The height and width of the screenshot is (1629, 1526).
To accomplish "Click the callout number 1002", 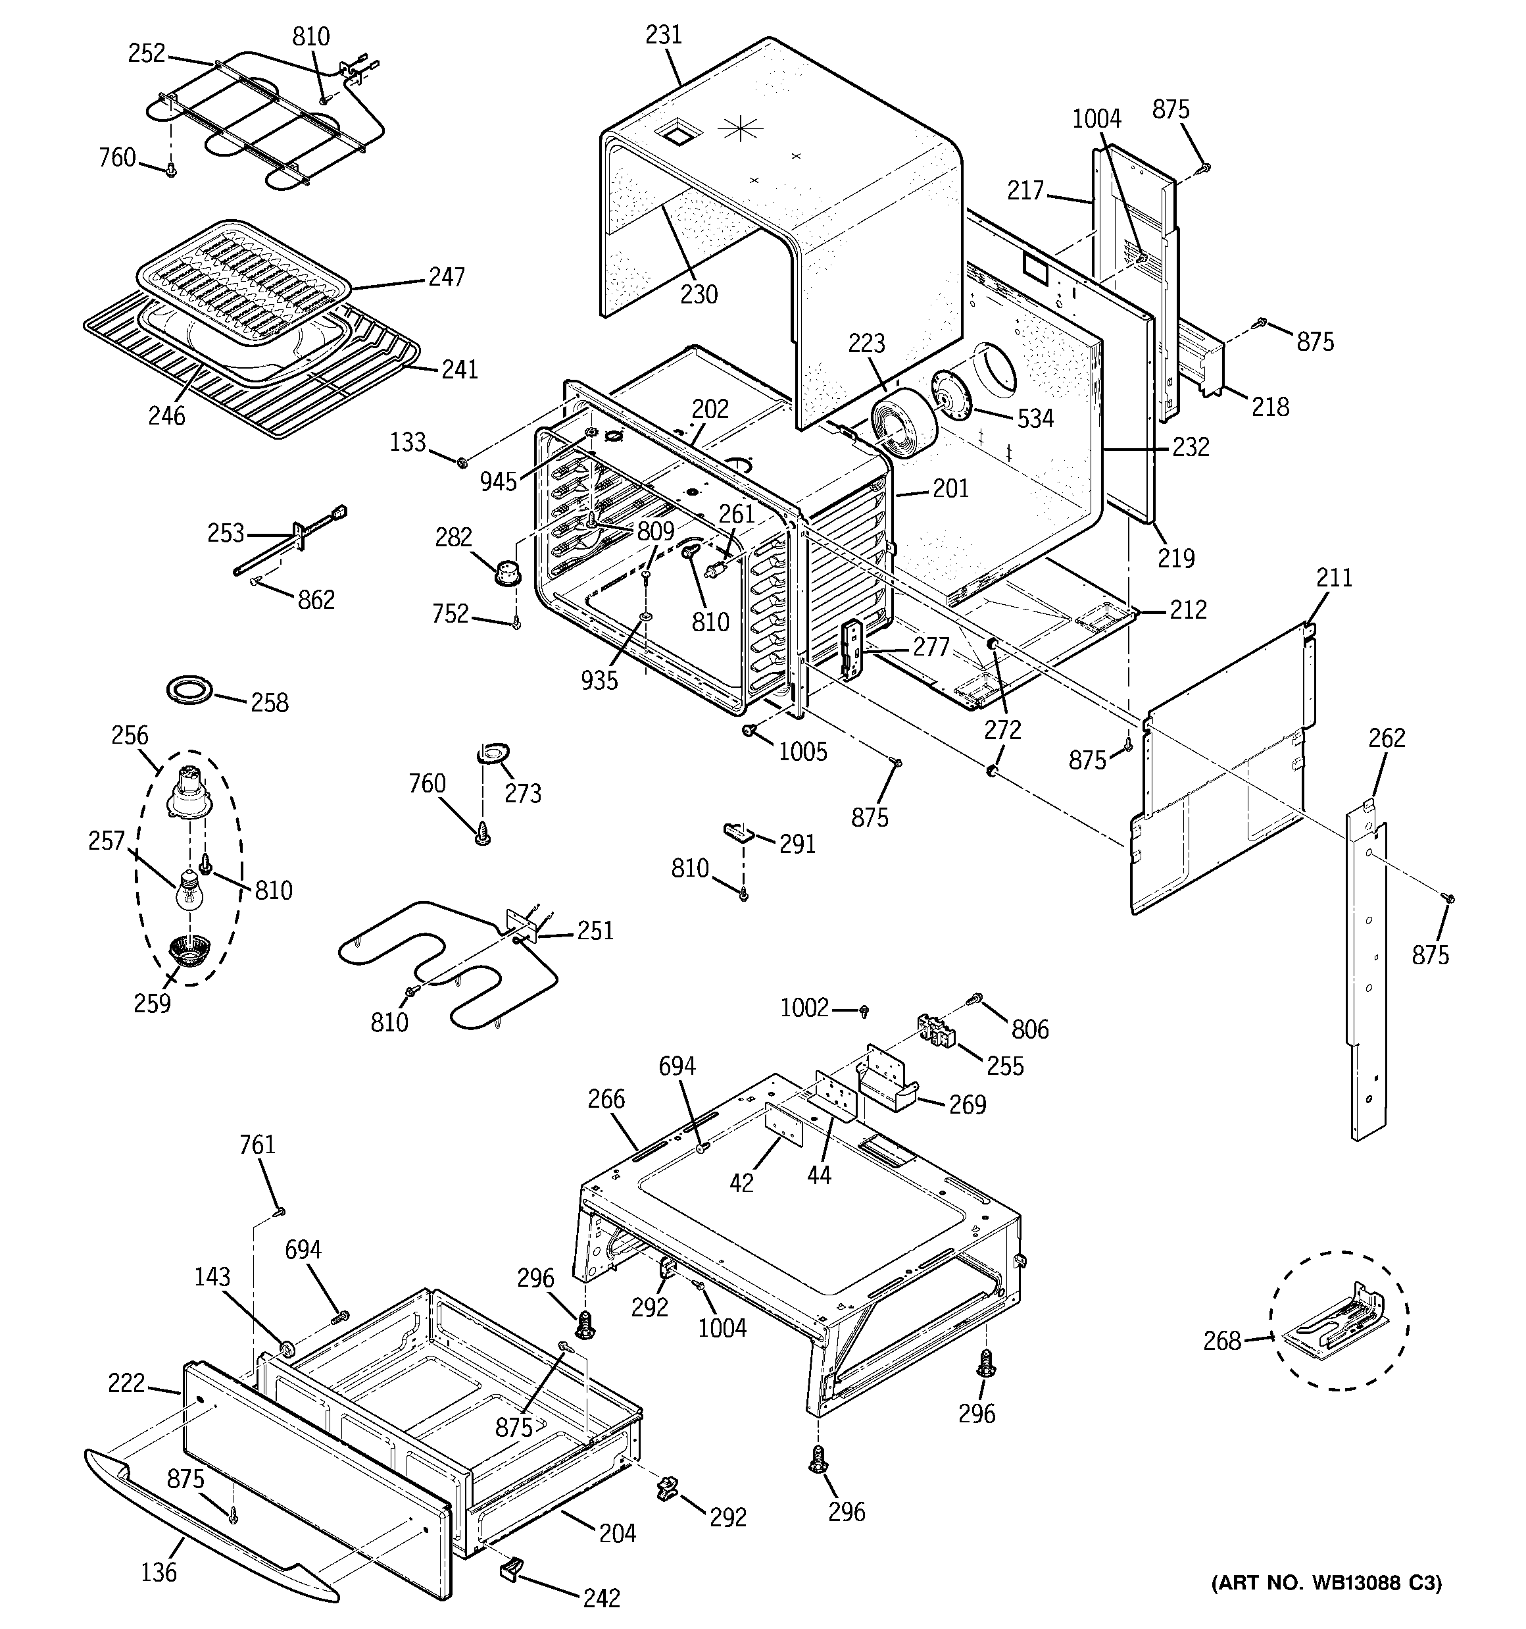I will pyautogui.click(x=804, y=1007).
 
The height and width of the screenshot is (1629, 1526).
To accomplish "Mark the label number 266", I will pyautogui.click(x=605, y=1099).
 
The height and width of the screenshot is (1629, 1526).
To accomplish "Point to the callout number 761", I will pyautogui.click(x=257, y=1144).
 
